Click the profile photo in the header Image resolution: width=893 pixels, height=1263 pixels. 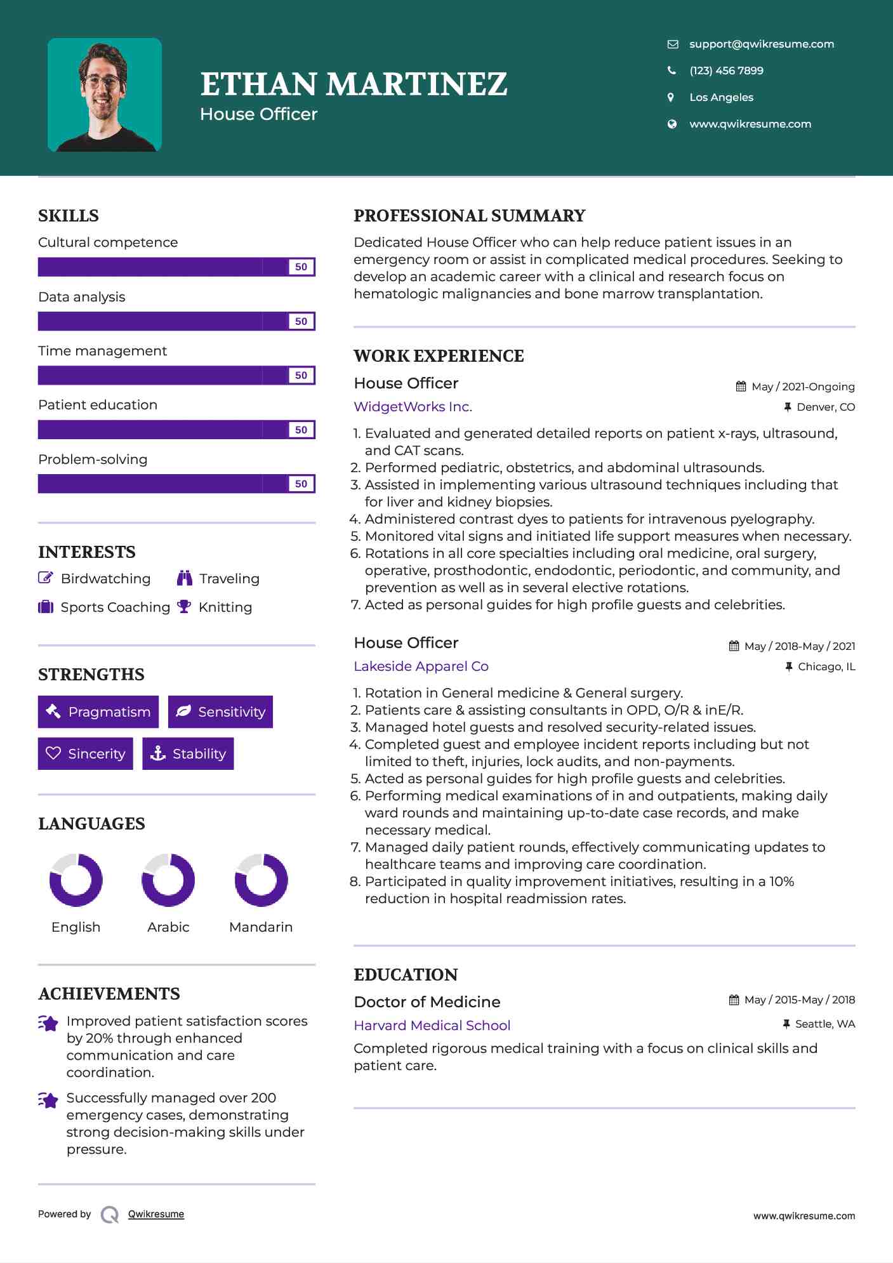(x=105, y=95)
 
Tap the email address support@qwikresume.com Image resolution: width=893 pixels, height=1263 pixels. (x=761, y=44)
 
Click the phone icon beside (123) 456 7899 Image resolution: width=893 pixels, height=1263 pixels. (x=671, y=70)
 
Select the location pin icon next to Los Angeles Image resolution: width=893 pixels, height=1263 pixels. (x=671, y=97)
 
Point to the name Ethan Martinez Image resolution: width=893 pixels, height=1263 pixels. (x=354, y=84)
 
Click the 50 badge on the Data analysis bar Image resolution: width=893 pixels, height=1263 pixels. (x=301, y=321)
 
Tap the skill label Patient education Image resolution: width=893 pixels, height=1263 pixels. (x=98, y=405)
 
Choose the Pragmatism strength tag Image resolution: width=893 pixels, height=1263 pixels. (x=98, y=712)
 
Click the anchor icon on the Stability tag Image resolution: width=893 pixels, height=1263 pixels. (x=157, y=753)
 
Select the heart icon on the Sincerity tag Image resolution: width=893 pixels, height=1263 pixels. (x=53, y=753)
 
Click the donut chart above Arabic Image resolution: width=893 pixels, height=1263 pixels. (x=168, y=880)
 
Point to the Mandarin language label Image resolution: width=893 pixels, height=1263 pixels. (x=261, y=927)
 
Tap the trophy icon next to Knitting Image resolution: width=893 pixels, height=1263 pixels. (x=184, y=607)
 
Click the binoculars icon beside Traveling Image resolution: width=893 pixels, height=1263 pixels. (x=185, y=578)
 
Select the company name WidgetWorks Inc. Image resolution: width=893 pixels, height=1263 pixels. (x=413, y=407)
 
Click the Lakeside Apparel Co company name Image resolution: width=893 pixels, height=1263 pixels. (x=421, y=666)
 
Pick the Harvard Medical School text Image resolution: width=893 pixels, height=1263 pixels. (x=432, y=1026)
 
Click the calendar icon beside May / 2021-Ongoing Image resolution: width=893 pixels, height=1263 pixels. (x=741, y=387)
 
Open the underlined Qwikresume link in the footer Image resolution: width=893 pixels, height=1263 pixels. (x=156, y=1214)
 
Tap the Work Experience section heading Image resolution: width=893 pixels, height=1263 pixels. (x=439, y=356)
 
